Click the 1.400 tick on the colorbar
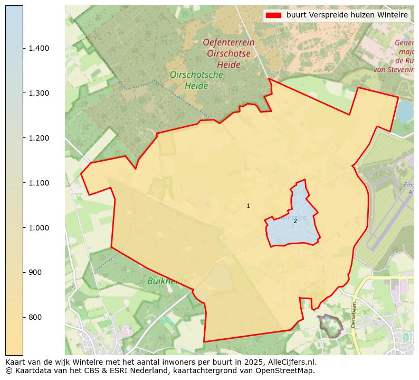pos(39,48)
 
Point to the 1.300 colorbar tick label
pos(39,93)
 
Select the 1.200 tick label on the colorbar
pos(39,138)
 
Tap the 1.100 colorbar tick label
pos(39,183)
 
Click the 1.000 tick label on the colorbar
pos(39,228)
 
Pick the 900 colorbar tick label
pos(35,272)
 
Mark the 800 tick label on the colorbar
pos(35,317)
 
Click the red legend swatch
pos(273,15)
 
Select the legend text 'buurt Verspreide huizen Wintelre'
pos(347,15)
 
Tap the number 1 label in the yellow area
pos(248,206)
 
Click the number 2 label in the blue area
pos(295,221)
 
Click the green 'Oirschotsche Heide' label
pos(196,80)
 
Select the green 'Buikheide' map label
pos(167,281)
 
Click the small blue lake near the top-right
pos(405,112)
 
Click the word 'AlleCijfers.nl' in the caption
pos(290,362)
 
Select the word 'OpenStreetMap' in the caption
pos(288,370)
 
